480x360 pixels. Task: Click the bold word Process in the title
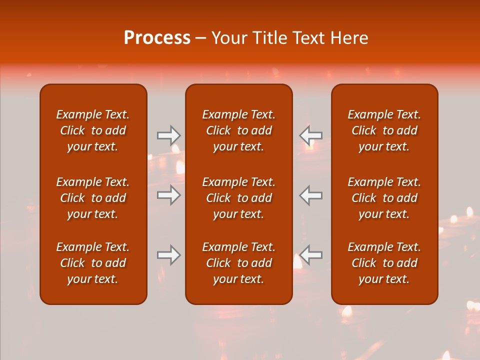click(x=157, y=38)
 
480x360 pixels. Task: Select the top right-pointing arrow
click(x=169, y=135)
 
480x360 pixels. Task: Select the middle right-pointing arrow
click(x=169, y=195)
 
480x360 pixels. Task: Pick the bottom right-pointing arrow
click(x=169, y=255)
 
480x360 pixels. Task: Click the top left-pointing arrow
click(x=311, y=135)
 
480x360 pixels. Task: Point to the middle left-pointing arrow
click(x=311, y=195)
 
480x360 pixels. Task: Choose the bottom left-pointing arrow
click(x=311, y=255)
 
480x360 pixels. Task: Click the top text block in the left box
click(x=93, y=130)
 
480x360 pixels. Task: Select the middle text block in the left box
click(x=93, y=198)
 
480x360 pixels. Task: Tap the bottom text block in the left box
click(x=93, y=263)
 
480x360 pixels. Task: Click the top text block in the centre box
click(x=238, y=130)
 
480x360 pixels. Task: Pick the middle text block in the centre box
click(x=238, y=198)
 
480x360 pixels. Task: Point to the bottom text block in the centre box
click(x=238, y=263)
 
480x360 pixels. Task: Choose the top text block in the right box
click(x=384, y=130)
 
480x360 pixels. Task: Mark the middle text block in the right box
click(x=384, y=198)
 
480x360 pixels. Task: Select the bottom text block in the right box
click(x=384, y=263)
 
